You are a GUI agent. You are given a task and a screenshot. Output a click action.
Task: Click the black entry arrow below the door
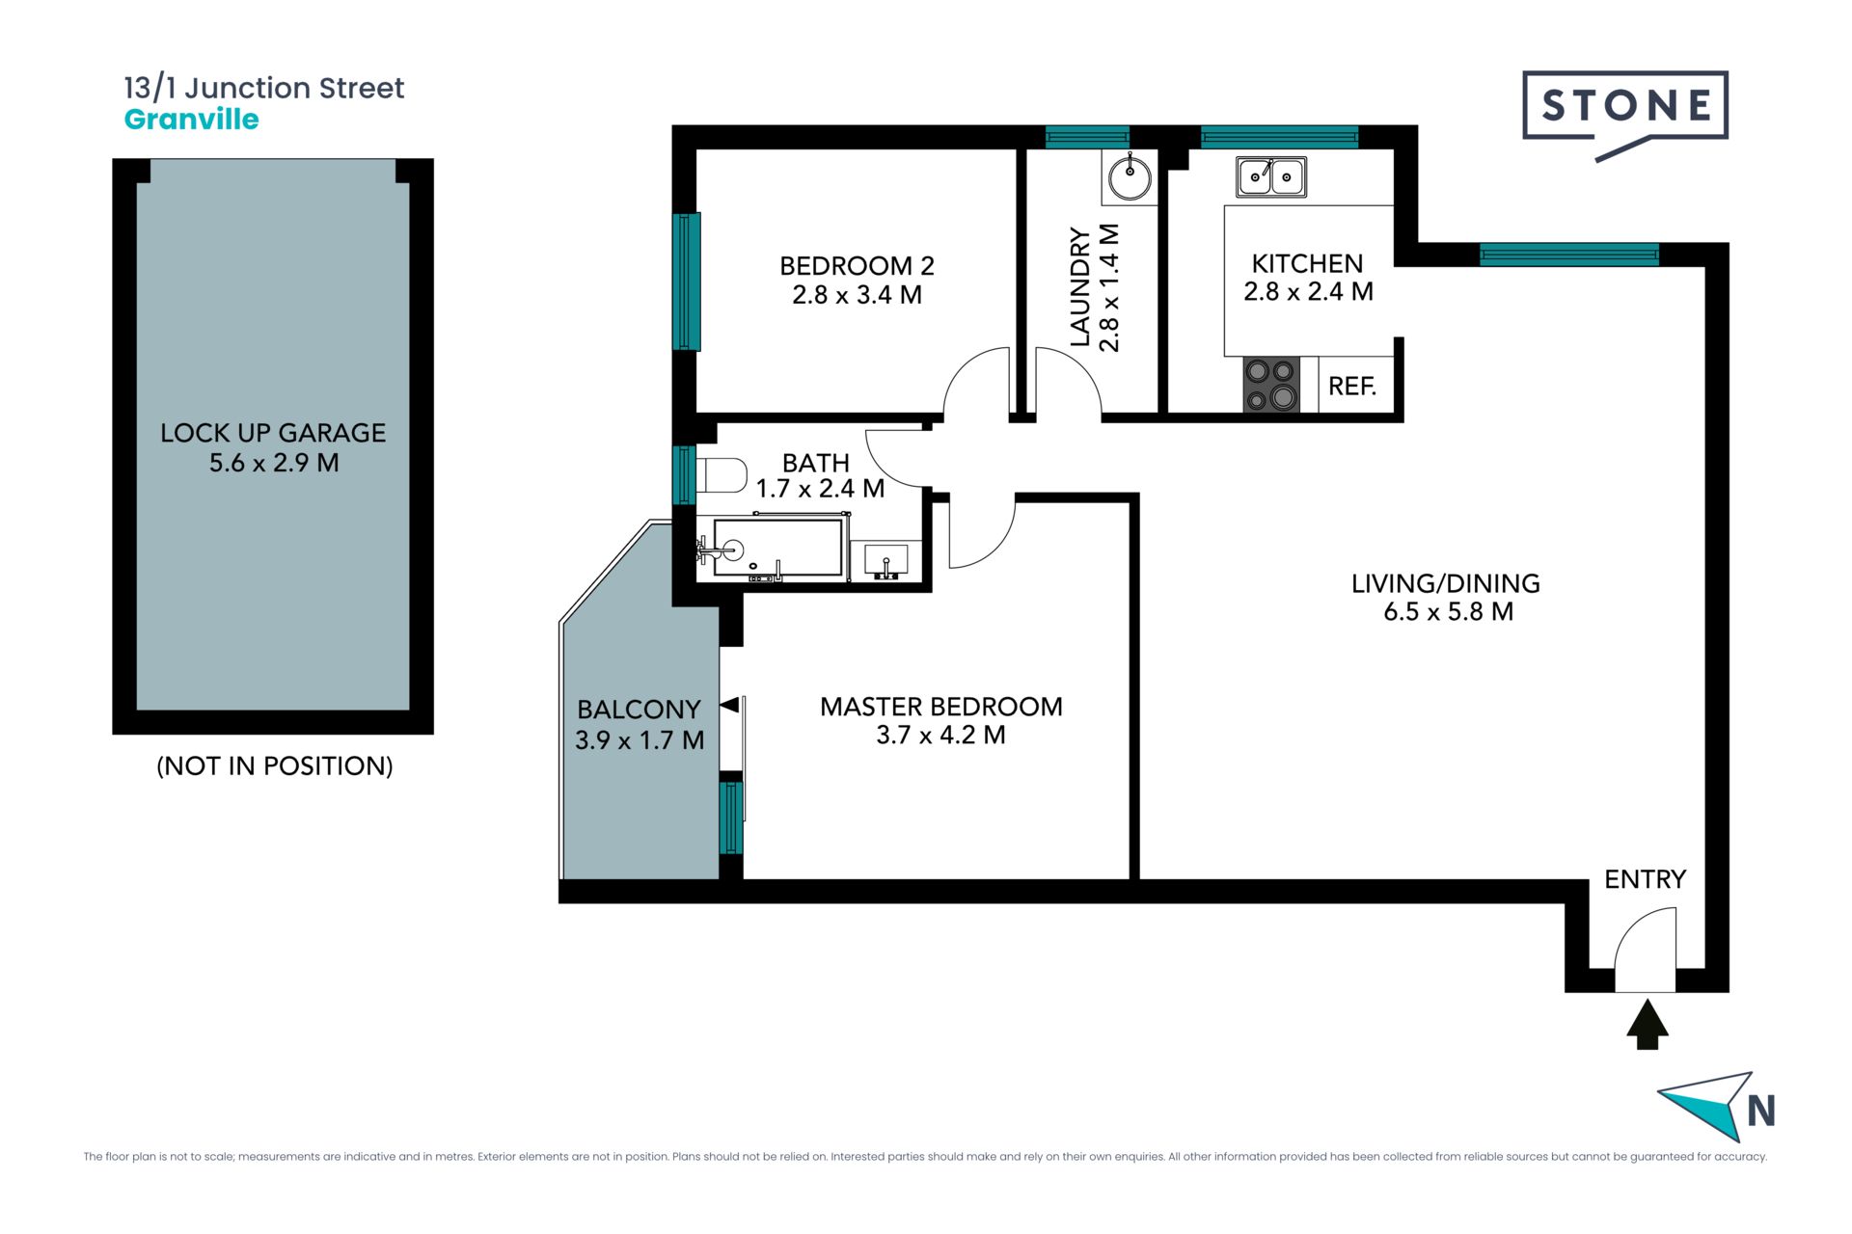click(1648, 1024)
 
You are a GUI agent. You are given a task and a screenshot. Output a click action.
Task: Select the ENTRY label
click(1645, 879)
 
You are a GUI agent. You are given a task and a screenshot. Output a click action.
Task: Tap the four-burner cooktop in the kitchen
click(1271, 385)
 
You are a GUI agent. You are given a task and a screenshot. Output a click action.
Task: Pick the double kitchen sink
click(1271, 176)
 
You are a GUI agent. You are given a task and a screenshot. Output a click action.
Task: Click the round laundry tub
click(1130, 177)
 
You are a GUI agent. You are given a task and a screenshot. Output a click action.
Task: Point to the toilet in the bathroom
click(721, 474)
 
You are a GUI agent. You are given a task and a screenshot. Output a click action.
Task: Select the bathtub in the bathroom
click(777, 549)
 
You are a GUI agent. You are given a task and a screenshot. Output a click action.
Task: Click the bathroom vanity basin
click(885, 560)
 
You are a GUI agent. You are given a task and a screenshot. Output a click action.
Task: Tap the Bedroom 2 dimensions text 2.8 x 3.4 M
click(857, 295)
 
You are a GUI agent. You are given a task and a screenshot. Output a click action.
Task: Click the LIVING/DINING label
click(1445, 583)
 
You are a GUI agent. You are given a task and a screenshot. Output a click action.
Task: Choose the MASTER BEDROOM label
click(940, 707)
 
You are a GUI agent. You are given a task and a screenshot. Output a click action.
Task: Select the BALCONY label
click(639, 710)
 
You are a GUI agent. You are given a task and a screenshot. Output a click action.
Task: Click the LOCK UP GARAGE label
click(273, 433)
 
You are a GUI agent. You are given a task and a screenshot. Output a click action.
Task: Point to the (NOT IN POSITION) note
click(275, 765)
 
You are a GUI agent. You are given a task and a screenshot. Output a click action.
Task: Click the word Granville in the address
click(192, 120)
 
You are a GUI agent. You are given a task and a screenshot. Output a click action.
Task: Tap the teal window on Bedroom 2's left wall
click(686, 281)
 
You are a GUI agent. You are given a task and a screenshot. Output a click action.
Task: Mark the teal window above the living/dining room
click(1569, 255)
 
